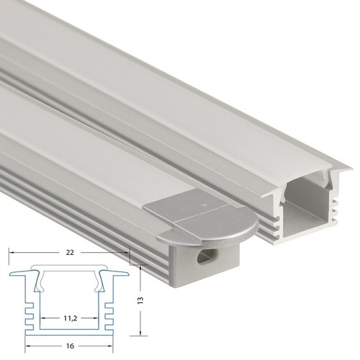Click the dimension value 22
70,253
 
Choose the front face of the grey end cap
209,259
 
